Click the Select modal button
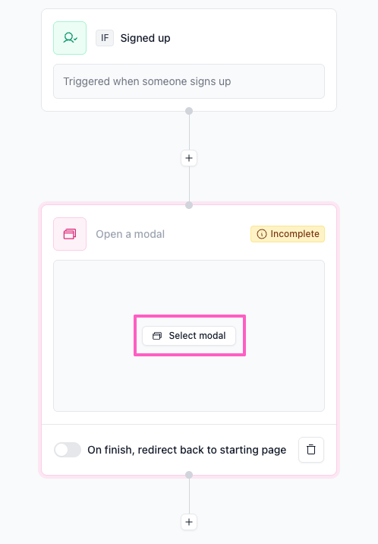[x=189, y=336]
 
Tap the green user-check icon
[x=70, y=38]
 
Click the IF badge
[x=105, y=38]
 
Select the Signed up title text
[x=145, y=38]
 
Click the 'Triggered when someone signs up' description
[x=147, y=81]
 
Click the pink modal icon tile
[x=70, y=234]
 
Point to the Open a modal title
[x=131, y=234]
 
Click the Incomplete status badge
[x=288, y=234]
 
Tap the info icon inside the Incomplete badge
[x=262, y=234]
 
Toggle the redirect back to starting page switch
[x=68, y=450]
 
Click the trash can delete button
[x=311, y=450]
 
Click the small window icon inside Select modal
[x=157, y=336]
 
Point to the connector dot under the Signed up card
[x=189, y=111]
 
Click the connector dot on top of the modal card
[x=189, y=205]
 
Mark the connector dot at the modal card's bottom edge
[x=189, y=475]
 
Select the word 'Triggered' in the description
[x=87, y=82]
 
